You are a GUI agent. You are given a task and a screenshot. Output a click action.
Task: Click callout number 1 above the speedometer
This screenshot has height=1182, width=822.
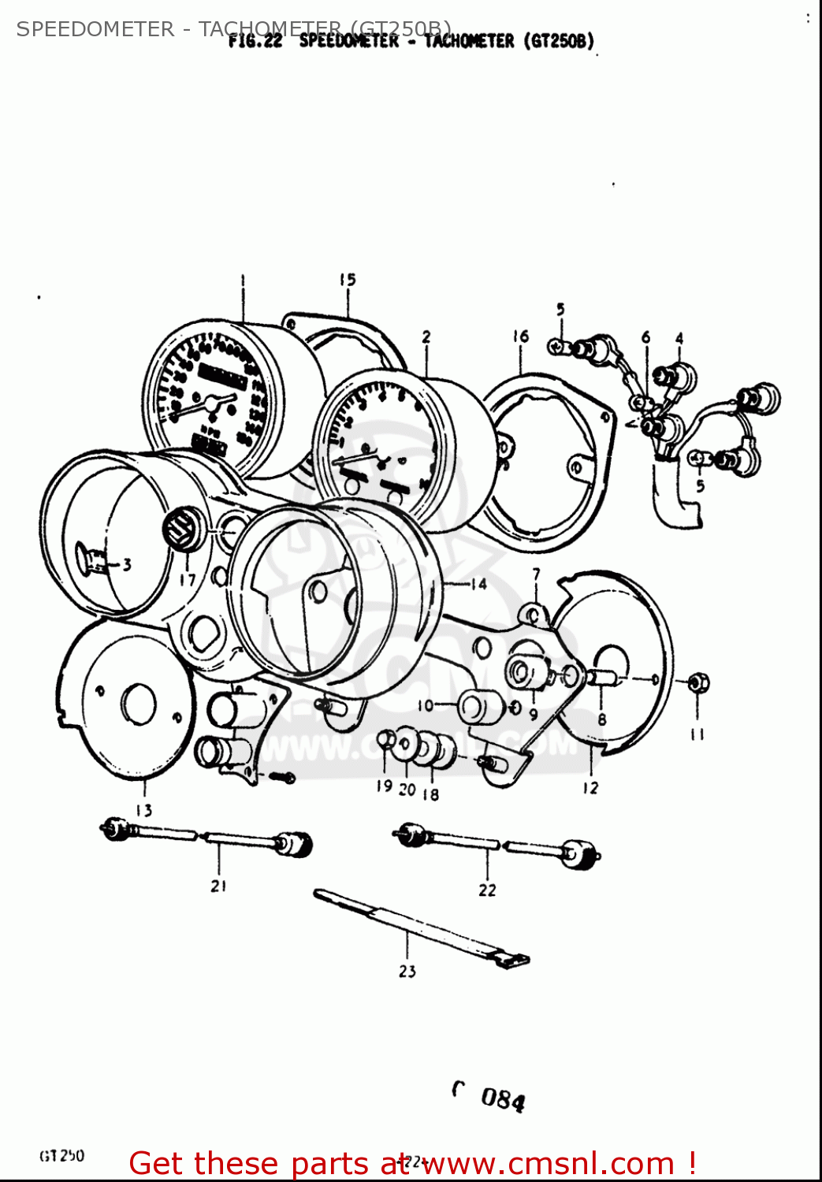coord(243,279)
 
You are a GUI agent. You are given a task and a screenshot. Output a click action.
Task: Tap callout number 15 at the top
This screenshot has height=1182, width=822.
coord(348,279)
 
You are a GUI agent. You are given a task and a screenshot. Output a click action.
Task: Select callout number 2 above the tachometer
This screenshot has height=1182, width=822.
coord(426,336)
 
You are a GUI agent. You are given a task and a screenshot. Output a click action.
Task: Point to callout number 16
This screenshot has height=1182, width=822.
coord(520,336)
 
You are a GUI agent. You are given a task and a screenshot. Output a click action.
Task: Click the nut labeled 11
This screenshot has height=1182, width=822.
coord(697,682)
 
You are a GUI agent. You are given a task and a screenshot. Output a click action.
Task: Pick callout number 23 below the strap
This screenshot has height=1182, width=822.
coord(407,971)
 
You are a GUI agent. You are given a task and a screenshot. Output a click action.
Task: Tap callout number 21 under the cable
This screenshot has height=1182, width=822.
coord(218,886)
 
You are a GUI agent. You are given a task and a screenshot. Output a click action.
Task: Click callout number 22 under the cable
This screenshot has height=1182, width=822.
coord(487,890)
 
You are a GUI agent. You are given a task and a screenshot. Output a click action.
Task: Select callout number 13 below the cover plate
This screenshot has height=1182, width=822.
coord(143,810)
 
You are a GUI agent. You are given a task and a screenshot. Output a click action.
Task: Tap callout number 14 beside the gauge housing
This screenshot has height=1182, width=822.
coord(478,584)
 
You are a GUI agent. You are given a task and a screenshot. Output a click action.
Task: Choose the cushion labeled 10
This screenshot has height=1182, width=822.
coord(478,707)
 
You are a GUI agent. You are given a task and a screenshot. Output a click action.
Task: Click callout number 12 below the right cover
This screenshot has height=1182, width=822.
coord(590,787)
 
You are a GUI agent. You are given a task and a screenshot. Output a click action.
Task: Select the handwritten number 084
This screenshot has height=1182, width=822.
coord(502,1098)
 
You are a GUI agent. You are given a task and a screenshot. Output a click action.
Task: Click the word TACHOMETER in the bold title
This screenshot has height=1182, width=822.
coord(469,41)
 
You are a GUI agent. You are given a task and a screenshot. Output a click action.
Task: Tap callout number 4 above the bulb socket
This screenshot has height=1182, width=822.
coord(679,338)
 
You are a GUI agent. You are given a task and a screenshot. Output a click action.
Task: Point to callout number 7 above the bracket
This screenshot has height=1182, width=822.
coord(536,574)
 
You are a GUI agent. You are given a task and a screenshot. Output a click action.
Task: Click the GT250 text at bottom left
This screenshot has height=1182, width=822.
coord(61,1155)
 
